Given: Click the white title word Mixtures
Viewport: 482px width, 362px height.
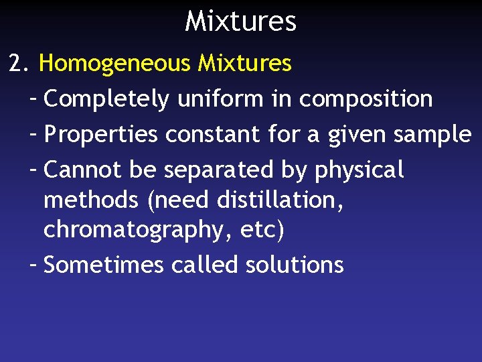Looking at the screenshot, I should coord(240,21).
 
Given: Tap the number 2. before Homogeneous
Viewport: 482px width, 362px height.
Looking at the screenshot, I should coord(19,64).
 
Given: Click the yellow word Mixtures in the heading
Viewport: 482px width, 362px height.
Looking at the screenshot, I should coord(244,64).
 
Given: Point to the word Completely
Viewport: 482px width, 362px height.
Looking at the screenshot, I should coord(106,99).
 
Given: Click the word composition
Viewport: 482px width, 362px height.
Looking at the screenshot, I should coord(366,99).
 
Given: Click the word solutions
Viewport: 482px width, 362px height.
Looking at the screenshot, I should coord(295,265).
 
